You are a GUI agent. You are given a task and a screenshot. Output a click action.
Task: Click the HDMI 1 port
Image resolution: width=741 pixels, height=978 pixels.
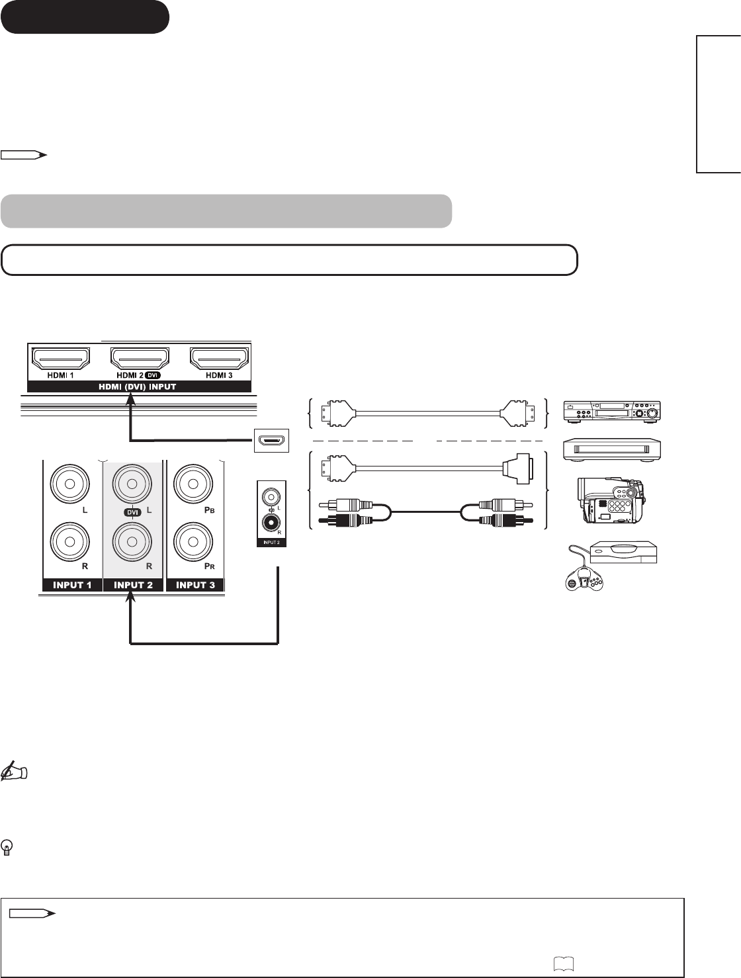[x=61, y=359]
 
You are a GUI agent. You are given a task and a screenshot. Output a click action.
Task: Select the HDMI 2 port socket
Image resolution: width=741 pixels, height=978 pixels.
[x=140, y=359]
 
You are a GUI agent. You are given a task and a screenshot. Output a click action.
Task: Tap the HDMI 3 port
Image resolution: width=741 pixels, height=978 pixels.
[x=219, y=359]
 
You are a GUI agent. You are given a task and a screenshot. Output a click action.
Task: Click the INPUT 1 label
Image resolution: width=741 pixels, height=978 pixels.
[x=72, y=585]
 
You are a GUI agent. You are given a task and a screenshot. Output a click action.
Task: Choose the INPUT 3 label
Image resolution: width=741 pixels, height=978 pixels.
[x=195, y=585]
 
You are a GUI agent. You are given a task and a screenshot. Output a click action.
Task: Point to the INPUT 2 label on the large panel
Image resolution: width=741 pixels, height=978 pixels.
[x=133, y=585]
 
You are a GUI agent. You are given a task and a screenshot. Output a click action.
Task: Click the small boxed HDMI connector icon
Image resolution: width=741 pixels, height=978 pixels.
[x=272, y=439]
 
